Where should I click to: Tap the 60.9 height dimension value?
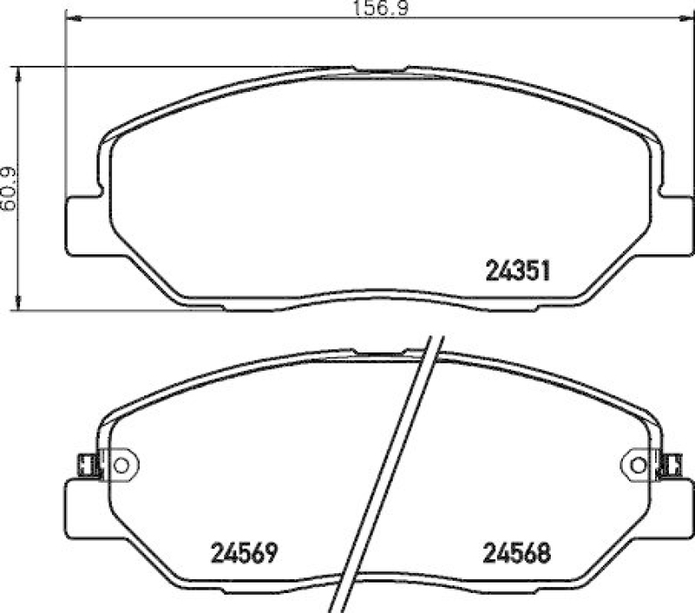[x=9, y=187]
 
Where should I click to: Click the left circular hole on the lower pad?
[x=121, y=465]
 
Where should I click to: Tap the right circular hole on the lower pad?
[x=637, y=465]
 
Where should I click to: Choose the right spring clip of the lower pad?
[x=670, y=465]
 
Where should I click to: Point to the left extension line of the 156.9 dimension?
[x=66, y=104]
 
